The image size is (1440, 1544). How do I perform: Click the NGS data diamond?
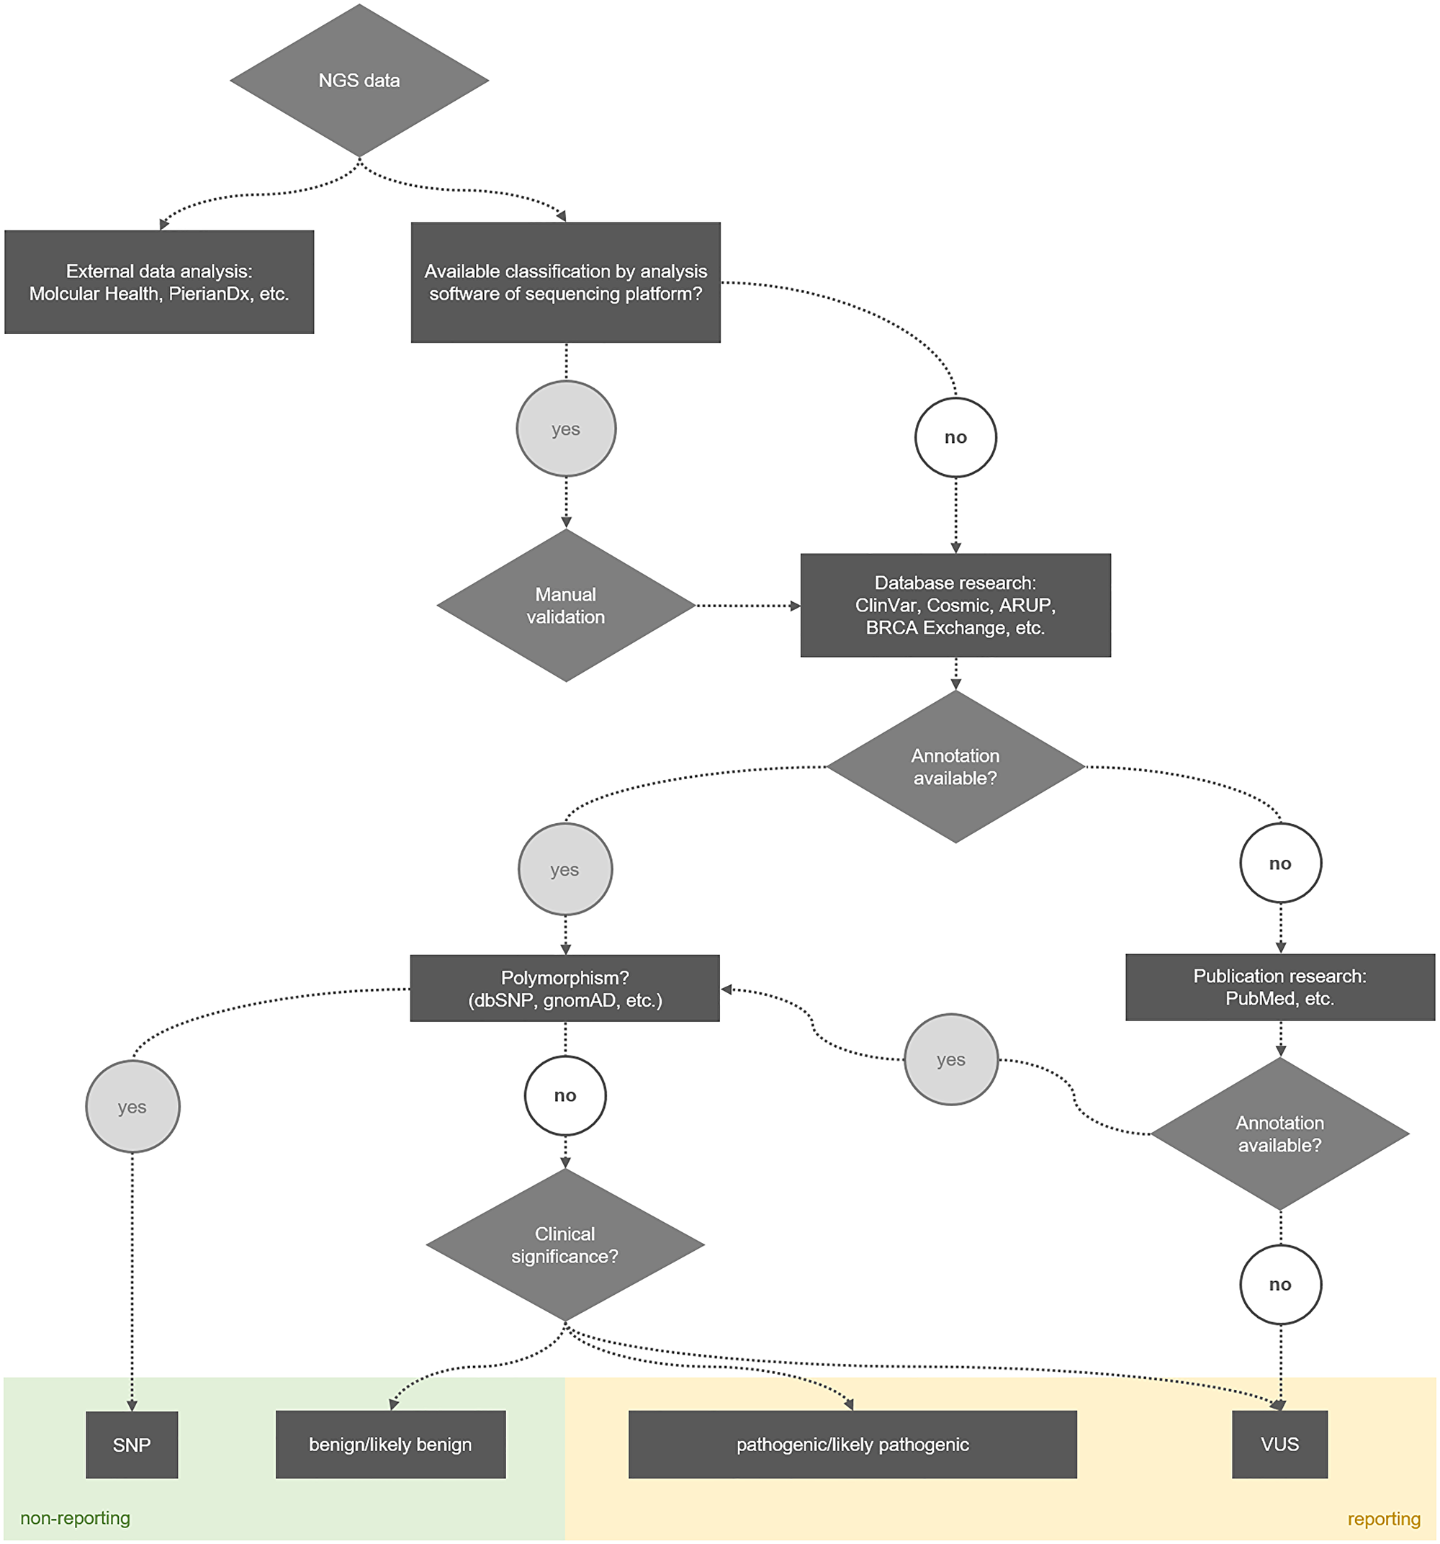point(359,81)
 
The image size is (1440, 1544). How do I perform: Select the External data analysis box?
point(159,282)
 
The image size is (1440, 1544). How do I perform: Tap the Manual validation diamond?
point(565,605)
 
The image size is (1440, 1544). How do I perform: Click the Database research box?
point(955,605)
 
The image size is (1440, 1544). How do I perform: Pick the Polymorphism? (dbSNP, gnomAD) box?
point(564,988)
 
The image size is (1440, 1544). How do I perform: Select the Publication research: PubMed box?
point(1280,987)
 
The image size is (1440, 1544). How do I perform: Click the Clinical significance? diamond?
point(564,1244)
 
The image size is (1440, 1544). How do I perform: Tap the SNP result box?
point(132,1445)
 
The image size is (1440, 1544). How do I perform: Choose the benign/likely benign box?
point(391,1445)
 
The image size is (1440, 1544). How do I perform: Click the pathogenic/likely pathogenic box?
point(852,1445)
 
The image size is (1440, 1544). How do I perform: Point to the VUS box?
point(1280,1445)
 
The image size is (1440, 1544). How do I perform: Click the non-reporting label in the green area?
point(76,1517)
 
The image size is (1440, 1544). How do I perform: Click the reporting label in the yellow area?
point(1383,1518)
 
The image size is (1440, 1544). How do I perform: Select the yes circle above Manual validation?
point(565,428)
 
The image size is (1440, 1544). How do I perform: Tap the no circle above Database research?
point(955,437)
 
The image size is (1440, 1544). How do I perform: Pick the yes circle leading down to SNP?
point(132,1107)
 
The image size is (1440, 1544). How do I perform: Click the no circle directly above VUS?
point(1280,1285)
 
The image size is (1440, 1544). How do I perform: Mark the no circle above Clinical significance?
point(564,1096)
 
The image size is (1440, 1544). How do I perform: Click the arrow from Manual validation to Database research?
point(747,605)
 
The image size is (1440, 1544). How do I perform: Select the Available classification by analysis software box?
point(565,282)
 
